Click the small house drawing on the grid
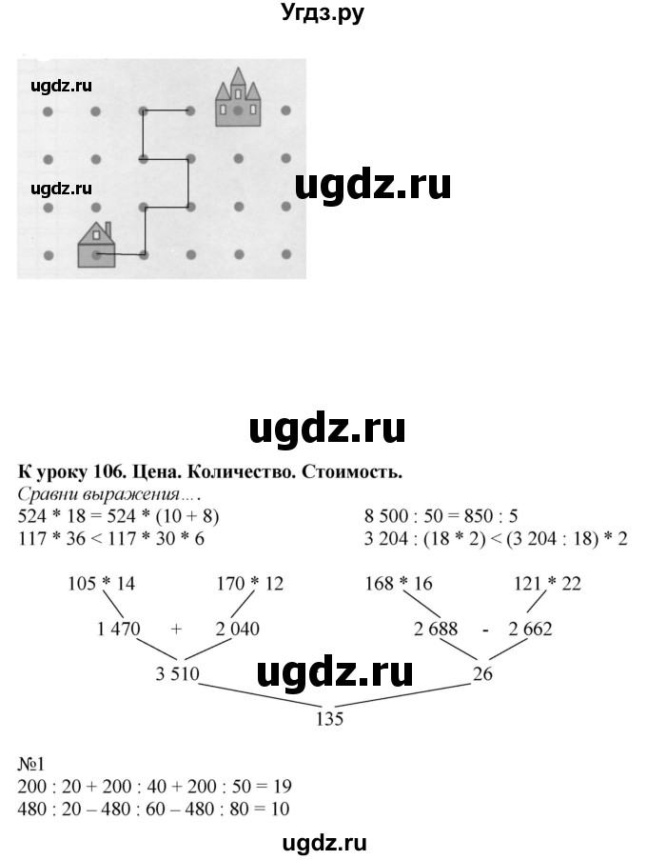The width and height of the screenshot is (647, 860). [95, 247]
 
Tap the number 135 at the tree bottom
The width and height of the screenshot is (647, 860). [327, 720]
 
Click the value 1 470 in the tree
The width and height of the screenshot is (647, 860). [119, 629]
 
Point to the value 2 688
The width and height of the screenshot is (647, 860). [439, 629]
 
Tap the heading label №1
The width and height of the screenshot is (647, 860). [30, 766]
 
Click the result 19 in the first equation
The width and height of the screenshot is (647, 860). [281, 787]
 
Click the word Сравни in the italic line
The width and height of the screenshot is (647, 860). [49, 494]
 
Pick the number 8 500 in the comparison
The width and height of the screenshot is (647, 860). [386, 517]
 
